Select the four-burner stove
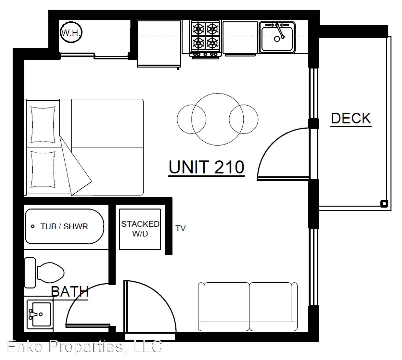tap(205, 39)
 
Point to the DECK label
tap(351, 118)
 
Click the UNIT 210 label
tap(206, 167)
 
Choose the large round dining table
tap(217, 119)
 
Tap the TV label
tap(180, 228)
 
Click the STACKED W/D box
tap(140, 229)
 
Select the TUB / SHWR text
tap(64, 226)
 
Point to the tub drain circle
tap(33, 226)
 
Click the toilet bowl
tap(51, 273)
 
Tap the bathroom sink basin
tap(41, 314)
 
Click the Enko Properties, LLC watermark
tap(84, 347)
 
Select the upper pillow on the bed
tap(43, 125)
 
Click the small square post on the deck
tap(384, 204)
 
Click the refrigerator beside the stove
tap(159, 44)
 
